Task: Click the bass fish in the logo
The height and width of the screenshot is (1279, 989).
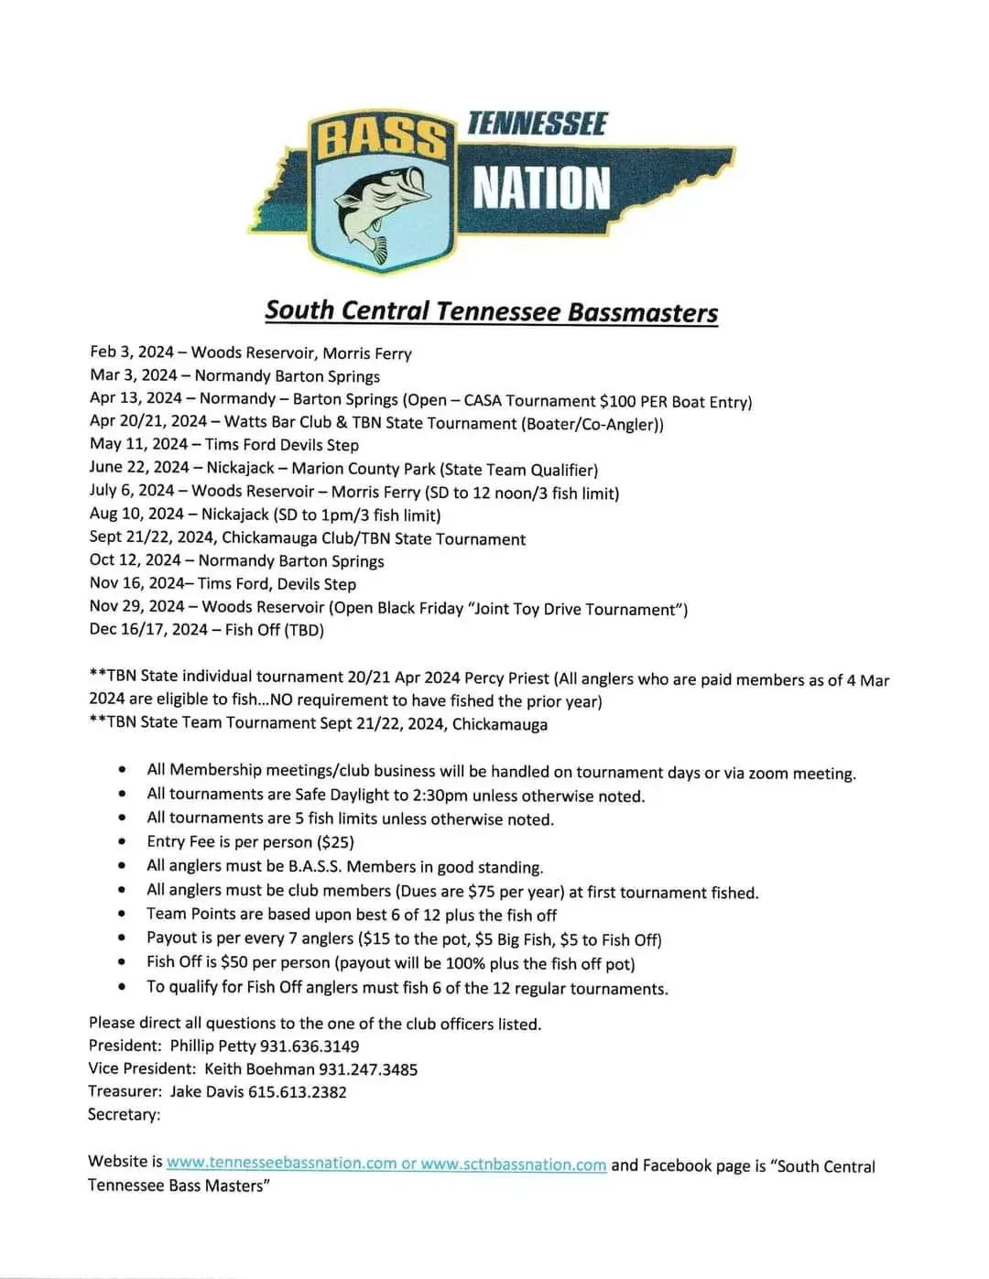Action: coord(380,203)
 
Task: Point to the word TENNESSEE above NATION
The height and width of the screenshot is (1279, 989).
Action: coord(537,124)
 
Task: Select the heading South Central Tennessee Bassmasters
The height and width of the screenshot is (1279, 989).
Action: coord(491,311)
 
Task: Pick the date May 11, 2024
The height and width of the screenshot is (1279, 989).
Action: coord(140,444)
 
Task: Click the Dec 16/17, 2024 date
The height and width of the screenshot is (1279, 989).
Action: coord(148,630)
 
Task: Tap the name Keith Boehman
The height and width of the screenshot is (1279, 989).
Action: coord(259,1068)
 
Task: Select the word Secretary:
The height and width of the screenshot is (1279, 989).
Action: coord(124,1114)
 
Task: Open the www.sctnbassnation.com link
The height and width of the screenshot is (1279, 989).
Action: coord(514,1165)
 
